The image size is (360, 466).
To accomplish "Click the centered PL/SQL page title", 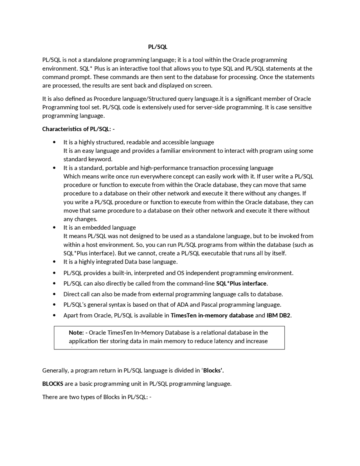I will click(157, 47).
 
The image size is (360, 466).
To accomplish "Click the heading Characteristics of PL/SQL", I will click(78, 129).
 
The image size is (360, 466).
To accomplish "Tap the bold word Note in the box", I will click(76, 332).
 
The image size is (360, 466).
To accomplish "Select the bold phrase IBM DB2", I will click(278, 315).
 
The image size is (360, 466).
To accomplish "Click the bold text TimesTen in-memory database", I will click(212, 315).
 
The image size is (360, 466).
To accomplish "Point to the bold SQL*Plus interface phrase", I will click(241, 283).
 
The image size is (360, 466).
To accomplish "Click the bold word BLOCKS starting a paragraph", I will click(53, 384).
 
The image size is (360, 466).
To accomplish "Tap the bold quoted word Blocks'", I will click(213, 370).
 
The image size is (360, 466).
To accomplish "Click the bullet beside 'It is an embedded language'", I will click(54, 227).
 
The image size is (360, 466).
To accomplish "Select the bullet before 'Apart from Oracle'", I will click(54, 315).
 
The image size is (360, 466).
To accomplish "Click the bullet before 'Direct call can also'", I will click(54, 294).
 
